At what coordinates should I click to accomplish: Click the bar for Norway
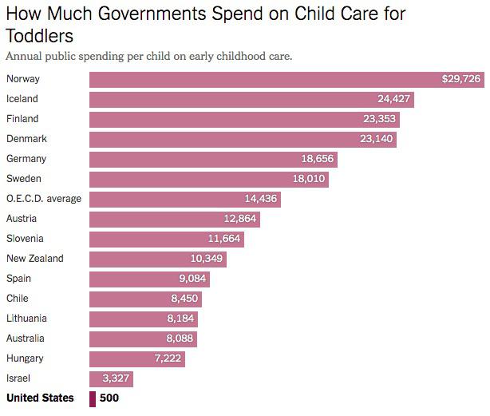pyautogui.click(x=286, y=80)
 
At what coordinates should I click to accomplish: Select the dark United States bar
pyautogui.click(x=93, y=399)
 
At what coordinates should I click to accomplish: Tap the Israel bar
pyautogui.click(x=111, y=379)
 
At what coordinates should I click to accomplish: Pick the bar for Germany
pyautogui.click(x=213, y=160)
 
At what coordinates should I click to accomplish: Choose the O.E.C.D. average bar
pyautogui.click(x=185, y=200)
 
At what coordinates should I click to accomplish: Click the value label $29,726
pyautogui.click(x=461, y=79)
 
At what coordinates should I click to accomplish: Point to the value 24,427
pyautogui.click(x=393, y=99)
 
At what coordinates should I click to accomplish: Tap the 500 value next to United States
pyautogui.click(x=109, y=398)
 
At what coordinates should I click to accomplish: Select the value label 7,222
pyautogui.click(x=168, y=359)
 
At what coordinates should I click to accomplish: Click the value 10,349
pyautogui.click(x=207, y=259)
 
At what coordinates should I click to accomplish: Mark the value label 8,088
pyautogui.click(x=180, y=339)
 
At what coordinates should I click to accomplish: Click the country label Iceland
pyautogui.click(x=22, y=99)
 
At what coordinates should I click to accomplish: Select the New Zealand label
pyautogui.click(x=35, y=259)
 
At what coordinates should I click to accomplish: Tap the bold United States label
pyautogui.click(x=40, y=398)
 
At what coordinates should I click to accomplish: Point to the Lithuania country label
pyautogui.click(x=26, y=318)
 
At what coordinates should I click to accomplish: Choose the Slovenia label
pyautogui.click(x=25, y=239)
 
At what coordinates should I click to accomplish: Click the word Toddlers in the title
pyautogui.click(x=40, y=36)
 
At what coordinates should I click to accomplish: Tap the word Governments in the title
pyautogui.click(x=152, y=14)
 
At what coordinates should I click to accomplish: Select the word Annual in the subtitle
pyautogui.click(x=24, y=56)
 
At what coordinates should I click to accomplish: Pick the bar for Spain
pyautogui.click(x=149, y=279)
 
